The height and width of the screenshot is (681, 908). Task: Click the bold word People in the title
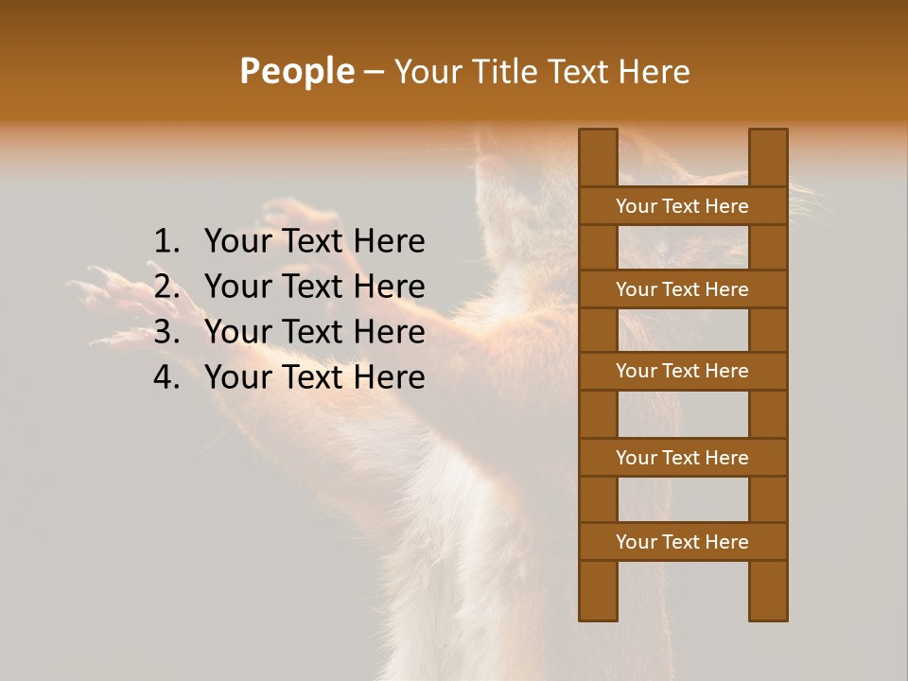[x=296, y=71]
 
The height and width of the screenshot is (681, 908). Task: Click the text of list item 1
[x=314, y=242]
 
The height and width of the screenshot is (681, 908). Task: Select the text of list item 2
[x=314, y=287]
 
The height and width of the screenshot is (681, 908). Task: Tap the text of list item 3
[x=314, y=332]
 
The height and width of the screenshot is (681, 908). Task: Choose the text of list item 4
[x=314, y=377]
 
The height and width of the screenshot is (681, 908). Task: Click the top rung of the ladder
[x=682, y=206]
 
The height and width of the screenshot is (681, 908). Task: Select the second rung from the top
[x=682, y=289]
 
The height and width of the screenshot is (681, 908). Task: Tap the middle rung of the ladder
[x=682, y=372]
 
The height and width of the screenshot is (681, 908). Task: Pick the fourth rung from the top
[x=682, y=458]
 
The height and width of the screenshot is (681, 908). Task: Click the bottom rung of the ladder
[x=682, y=542]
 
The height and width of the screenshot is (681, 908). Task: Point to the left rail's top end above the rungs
[x=598, y=157]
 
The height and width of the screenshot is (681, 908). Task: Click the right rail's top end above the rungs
[x=768, y=157]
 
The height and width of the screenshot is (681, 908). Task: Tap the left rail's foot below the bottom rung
[x=598, y=591]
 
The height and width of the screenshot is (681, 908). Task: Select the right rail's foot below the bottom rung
[x=768, y=591]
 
